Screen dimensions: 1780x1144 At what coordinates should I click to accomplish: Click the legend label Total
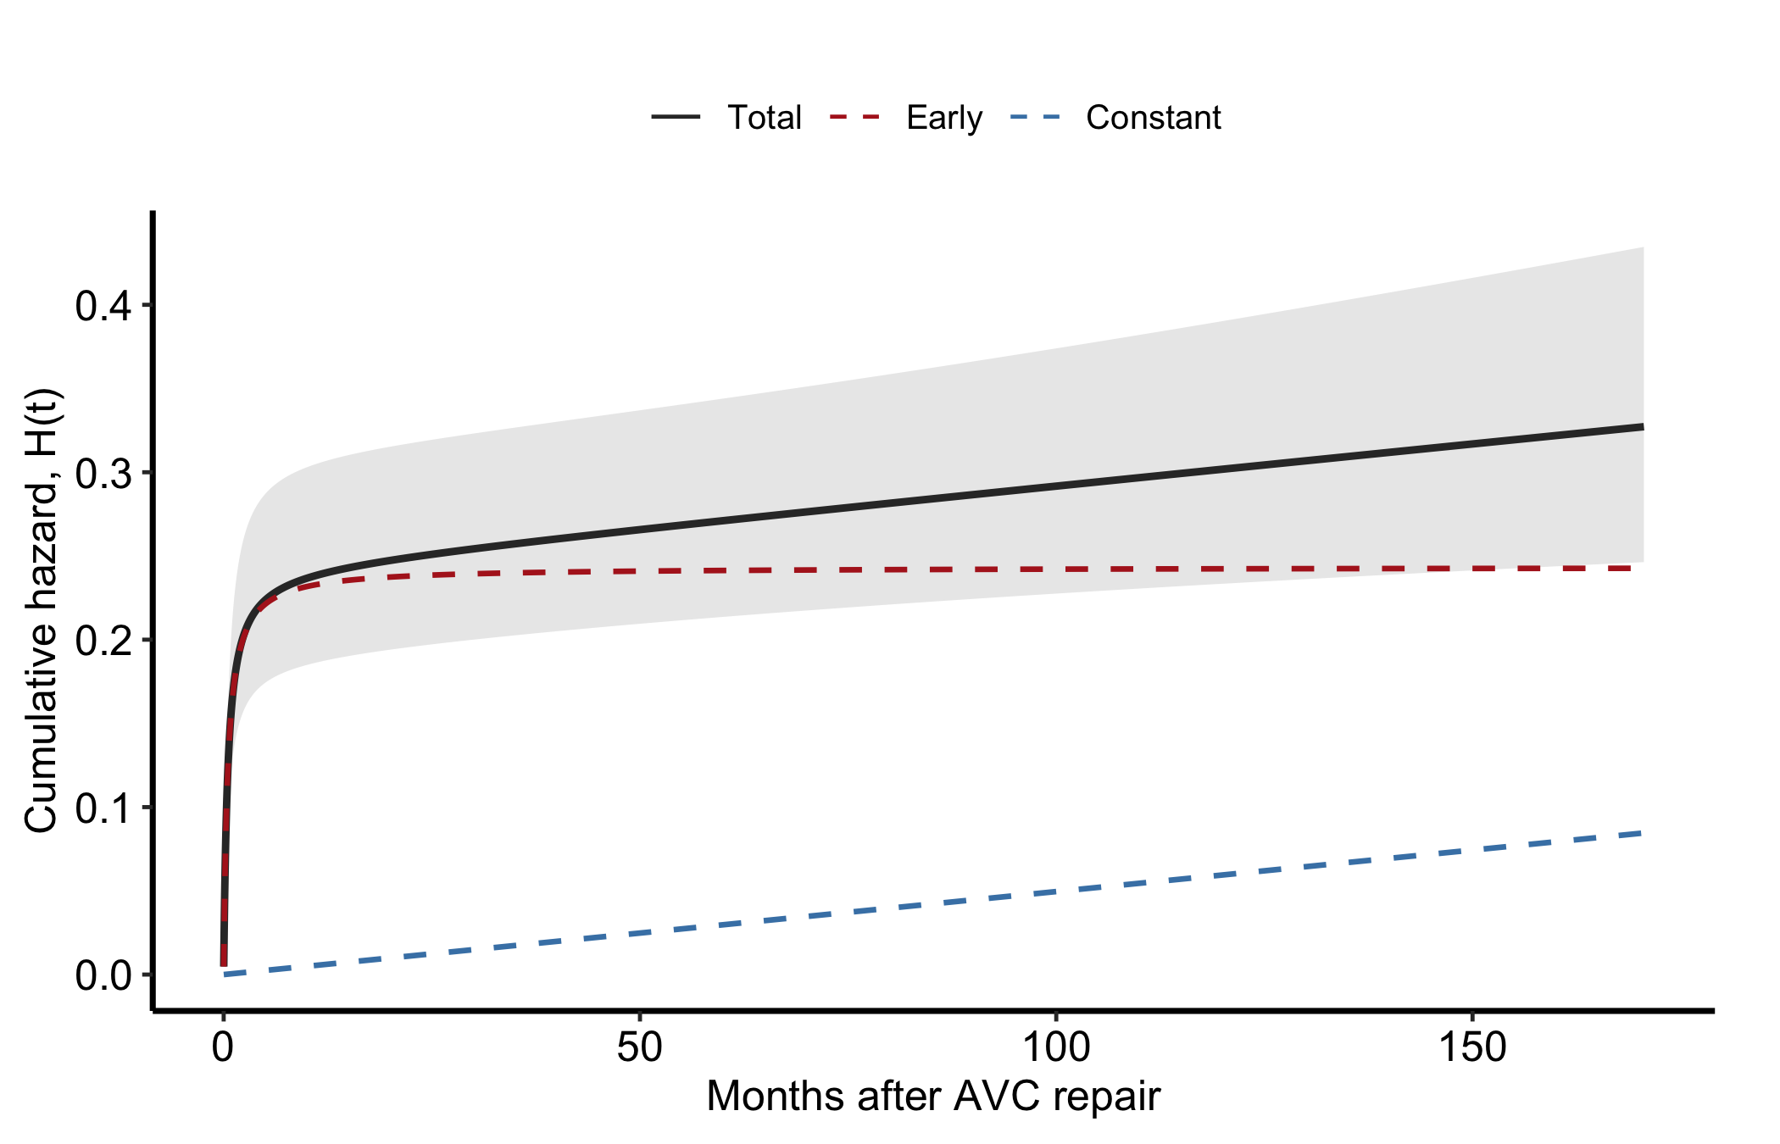click(x=764, y=118)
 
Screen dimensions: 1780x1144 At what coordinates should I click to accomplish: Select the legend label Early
click(x=944, y=118)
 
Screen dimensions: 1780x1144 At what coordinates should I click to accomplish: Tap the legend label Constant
click(x=1154, y=118)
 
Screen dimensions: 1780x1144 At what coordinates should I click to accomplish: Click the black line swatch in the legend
click(x=676, y=118)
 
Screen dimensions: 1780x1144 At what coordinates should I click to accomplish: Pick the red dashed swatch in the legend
click(x=855, y=118)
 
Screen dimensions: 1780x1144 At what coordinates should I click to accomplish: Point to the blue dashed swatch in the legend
click(x=1035, y=118)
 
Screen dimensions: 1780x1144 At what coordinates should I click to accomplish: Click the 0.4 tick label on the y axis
click(x=103, y=305)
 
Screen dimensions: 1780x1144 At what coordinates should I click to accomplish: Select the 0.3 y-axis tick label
click(x=103, y=472)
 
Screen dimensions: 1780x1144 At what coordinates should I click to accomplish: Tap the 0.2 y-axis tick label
click(x=103, y=640)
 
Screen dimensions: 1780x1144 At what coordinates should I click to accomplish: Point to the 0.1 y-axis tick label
click(x=103, y=808)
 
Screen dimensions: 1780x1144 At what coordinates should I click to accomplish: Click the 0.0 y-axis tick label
click(x=103, y=975)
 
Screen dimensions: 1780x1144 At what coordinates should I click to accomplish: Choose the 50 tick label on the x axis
click(x=639, y=1047)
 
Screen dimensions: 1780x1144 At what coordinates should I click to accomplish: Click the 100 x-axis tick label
click(x=1056, y=1047)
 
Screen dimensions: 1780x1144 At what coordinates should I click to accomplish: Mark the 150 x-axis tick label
click(x=1472, y=1047)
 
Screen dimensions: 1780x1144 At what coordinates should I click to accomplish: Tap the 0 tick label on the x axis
click(x=223, y=1047)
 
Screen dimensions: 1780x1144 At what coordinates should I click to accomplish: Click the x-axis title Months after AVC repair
click(x=933, y=1097)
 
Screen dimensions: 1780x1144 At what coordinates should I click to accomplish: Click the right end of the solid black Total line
click(x=1643, y=426)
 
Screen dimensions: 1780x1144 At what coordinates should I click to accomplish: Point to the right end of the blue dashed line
click(x=1643, y=833)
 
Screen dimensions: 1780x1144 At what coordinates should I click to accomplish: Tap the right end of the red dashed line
click(x=1643, y=568)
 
